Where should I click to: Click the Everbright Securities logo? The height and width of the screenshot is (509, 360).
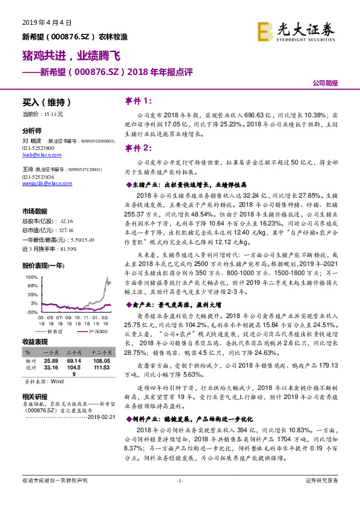pos(296,30)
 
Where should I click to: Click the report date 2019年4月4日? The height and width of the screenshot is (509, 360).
pos(47,22)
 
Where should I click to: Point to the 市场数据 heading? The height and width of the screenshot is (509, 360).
pos(34,211)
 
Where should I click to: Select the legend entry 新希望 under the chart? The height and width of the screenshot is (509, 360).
pos(55,331)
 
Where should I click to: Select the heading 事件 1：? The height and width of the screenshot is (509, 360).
pos(138,101)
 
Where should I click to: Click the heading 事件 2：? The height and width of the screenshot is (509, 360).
pos(138,148)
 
